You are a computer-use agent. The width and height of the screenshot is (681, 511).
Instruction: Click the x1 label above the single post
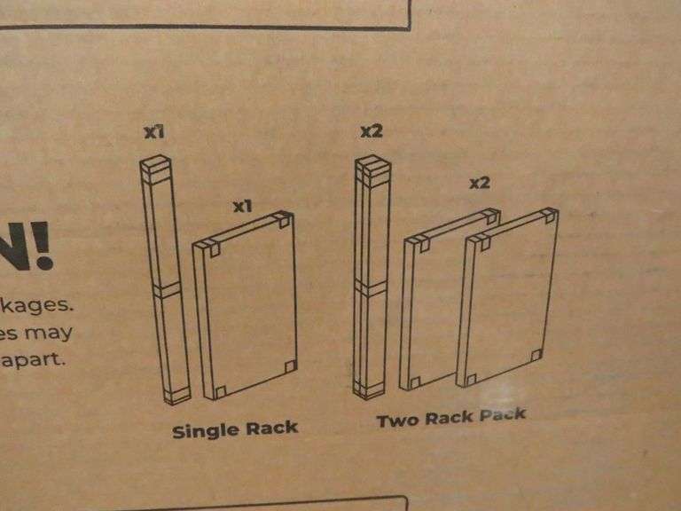(x=155, y=133)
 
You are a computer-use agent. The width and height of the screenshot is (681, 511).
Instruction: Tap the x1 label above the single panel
(x=243, y=206)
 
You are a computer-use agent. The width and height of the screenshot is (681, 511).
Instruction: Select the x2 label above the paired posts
(x=371, y=132)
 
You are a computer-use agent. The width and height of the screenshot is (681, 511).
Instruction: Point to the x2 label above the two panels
(x=480, y=184)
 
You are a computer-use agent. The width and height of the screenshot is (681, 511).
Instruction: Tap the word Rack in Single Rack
(x=270, y=429)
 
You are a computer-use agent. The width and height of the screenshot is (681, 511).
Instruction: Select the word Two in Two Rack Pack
(x=396, y=421)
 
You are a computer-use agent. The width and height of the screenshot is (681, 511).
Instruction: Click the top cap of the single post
(x=156, y=165)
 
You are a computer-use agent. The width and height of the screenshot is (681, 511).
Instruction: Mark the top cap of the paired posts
(x=371, y=166)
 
